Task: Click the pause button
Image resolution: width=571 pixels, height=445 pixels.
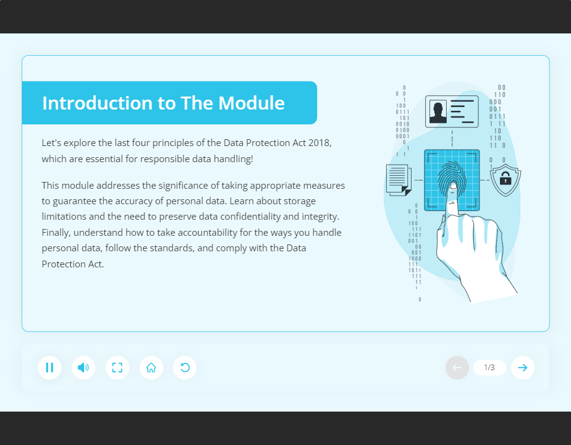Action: [x=49, y=368]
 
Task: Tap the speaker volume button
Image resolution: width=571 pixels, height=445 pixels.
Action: [x=83, y=368]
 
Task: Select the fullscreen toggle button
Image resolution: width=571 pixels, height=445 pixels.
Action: [x=117, y=368]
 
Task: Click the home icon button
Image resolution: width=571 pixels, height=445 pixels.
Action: [x=151, y=368]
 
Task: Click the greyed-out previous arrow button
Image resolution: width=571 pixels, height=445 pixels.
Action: [x=457, y=368]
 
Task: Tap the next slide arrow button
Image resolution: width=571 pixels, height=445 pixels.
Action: [x=523, y=368]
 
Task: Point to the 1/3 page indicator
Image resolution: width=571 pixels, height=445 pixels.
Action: [x=489, y=368]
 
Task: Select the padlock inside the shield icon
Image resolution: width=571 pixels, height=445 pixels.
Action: [x=505, y=180]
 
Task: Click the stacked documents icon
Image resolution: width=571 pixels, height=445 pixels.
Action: [x=398, y=179]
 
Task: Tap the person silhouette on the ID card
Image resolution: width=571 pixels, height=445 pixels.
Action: [x=438, y=112]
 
